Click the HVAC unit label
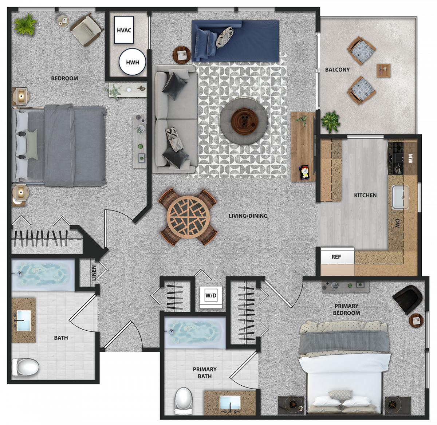124,30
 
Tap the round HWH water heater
132,62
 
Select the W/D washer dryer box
211,297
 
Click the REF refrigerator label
336,257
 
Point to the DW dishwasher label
397,223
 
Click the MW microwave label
410,158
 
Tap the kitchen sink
401,197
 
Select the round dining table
188,217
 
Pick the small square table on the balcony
383,71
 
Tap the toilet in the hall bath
25,367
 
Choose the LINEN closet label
94,273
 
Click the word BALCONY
337,70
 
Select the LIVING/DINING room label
248,216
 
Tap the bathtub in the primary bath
195,332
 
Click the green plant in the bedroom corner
25,24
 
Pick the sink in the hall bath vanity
24,321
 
